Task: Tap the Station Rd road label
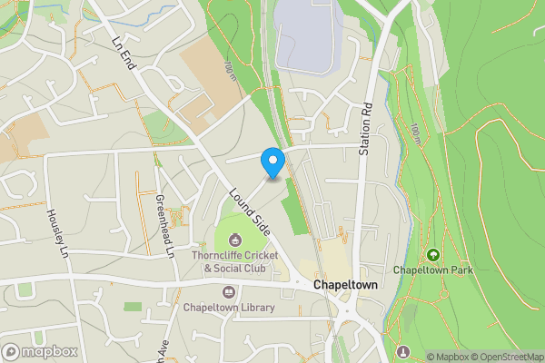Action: pyautogui.click(x=366, y=126)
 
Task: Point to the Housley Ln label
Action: pyautogui.click(x=56, y=231)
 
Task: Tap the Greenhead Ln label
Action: pyautogui.click(x=163, y=225)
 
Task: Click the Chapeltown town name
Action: pyautogui.click(x=345, y=285)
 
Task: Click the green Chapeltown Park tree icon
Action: pyautogui.click(x=432, y=256)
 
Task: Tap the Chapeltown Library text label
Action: pyautogui.click(x=229, y=308)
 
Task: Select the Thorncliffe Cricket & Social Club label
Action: pyautogui.click(x=234, y=262)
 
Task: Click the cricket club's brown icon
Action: pyautogui.click(x=235, y=240)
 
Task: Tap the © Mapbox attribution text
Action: pyautogui.click(x=446, y=357)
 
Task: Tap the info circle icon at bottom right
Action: pyautogui.click(x=404, y=352)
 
